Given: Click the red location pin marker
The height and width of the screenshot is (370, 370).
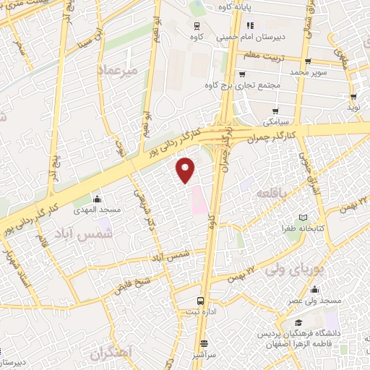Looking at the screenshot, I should point(186,169).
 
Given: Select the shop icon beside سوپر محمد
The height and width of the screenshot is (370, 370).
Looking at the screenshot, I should point(309,61).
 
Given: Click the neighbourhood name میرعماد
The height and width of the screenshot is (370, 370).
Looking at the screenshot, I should point(116,69).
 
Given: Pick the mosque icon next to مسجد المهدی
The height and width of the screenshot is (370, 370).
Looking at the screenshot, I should point(98,199).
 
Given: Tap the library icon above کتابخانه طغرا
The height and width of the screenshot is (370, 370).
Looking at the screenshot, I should point(304,218).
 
